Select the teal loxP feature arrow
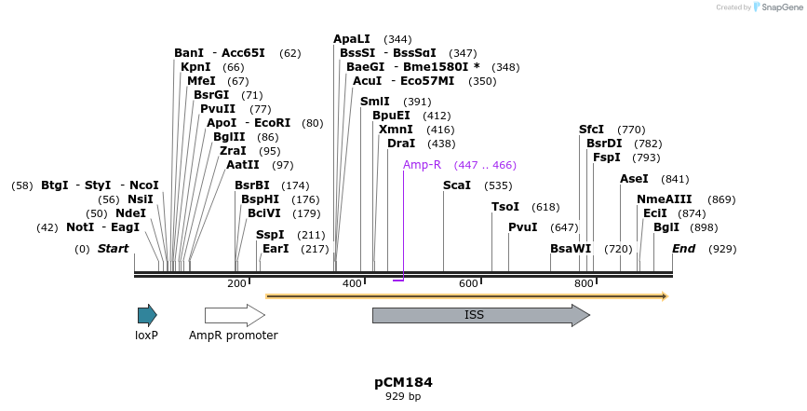[x=146, y=315]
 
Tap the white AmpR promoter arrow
[x=234, y=315]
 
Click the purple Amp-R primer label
[x=422, y=165]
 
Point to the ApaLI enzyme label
[x=352, y=39]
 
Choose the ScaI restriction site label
[x=457, y=185]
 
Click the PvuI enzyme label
[x=523, y=227]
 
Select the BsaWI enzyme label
[x=571, y=249]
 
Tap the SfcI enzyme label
[x=591, y=130]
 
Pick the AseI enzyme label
[x=634, y=179]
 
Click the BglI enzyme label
[x=666, y=227]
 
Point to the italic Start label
[x=113, y=249]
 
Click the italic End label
[x=684, y=249]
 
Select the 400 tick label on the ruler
[x=352, y=283]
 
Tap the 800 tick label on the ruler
[x=584, y=283]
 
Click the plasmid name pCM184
[x=403, y=382]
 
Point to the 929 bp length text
[x=403, y=396]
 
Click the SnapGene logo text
[x=780, y=7]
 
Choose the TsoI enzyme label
[x=505, y=207]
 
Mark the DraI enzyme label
[x=401, y=144]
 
